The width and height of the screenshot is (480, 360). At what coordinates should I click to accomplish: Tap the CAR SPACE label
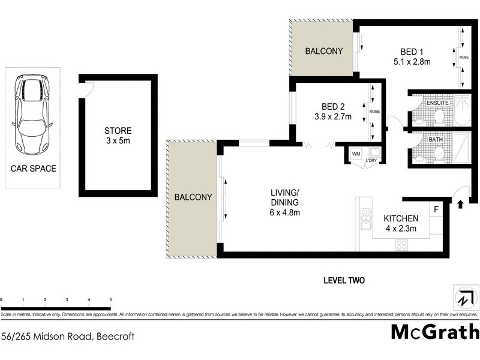(34, 169)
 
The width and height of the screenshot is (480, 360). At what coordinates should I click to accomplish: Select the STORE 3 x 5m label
(118, 136)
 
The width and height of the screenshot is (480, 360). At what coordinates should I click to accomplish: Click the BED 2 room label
(332, 106)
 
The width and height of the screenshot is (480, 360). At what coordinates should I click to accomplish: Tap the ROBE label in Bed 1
(464, 58)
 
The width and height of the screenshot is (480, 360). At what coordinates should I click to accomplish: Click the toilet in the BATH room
(439, 154)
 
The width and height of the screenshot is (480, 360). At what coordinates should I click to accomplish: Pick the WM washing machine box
(356, 154)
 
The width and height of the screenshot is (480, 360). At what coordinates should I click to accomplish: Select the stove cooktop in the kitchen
(401, 245)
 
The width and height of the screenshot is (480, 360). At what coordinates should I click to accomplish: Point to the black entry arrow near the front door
(460, 205)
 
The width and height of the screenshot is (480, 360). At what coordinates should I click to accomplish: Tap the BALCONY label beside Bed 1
(324, 51)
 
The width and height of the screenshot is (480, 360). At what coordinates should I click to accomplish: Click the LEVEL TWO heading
(344, 280)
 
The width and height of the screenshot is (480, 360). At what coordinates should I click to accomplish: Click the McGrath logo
(436, 332)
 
